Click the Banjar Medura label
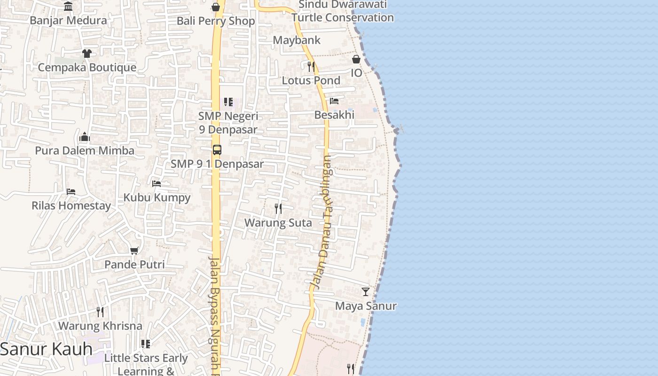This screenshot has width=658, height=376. pyautogui.click(x=68, y=21)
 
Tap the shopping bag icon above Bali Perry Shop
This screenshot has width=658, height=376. pyautogui.click(x=216, y=7)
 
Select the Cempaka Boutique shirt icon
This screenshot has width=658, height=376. pyautogui.click(x=87, y=54)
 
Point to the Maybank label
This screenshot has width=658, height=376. pyautogui.click(x=297, y=40)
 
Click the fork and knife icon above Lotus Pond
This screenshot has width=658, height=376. pyautogui.click(x=311, y=66)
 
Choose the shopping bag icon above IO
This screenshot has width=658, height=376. pyautogui.click(x=356, y=59)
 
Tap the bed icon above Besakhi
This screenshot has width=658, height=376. pyautogui.click(x=334, y=101)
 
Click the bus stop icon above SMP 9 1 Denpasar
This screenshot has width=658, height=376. pyautogui.click(x=217, y=150)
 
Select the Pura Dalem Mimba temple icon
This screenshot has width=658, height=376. pyautogui.click(x=85, y=137)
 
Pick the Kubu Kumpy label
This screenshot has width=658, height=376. pyautogui.click(x=157, y=197)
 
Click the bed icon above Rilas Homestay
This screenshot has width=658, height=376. pyautogui.click(x=71, y=192)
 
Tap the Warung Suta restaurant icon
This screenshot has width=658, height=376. pyautogui.click(x=278, y=208)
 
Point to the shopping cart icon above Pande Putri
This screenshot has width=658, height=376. pyautogui.click(x=134, y=251)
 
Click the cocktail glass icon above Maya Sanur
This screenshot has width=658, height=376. pyautogui.click(x=366, y=292)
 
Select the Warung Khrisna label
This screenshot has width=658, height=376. pyautogui.click(x=100, y=326)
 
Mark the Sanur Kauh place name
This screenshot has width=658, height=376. pyautogui.click(x=46, y=349)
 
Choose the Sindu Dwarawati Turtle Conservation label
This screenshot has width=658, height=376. pyautogui.click(x=342, y=11)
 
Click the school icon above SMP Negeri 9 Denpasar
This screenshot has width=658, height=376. pyautogui.click(x=228, y=102)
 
